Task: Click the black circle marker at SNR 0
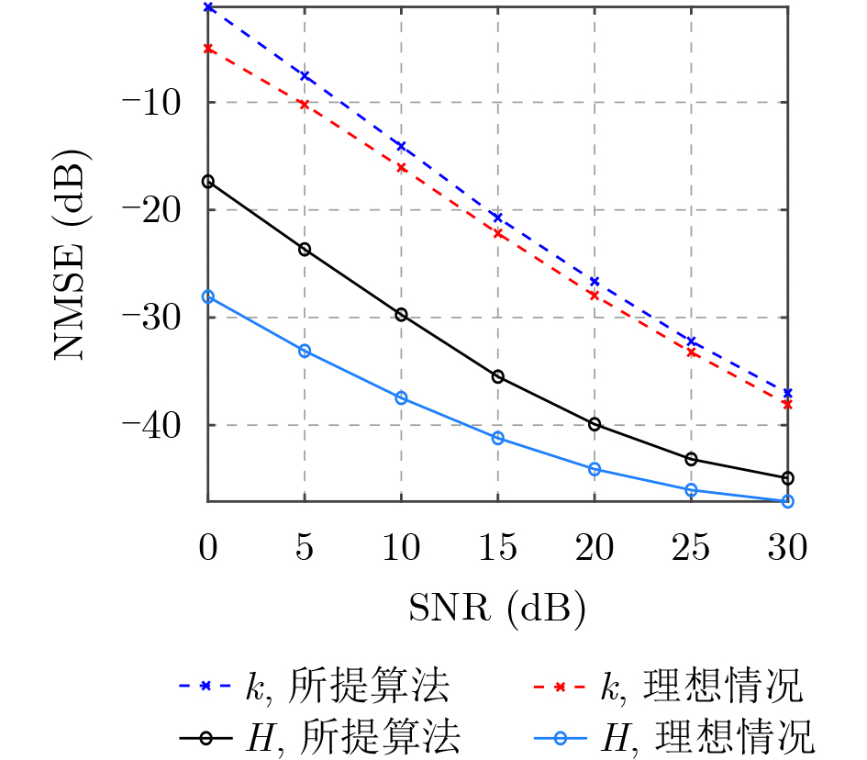point(208,182)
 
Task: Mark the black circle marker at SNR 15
point(498,376)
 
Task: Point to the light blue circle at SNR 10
point(401,397)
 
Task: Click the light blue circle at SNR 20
point(595,469)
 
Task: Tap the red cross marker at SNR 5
point(305,105)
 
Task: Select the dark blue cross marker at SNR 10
point(401,146)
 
